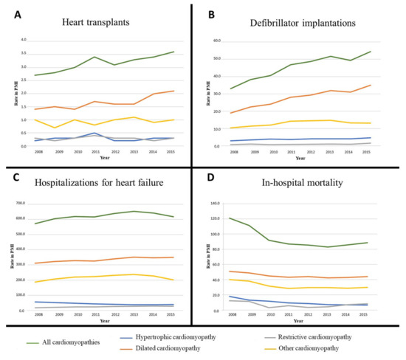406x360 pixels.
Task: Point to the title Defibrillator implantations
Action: [302, 23]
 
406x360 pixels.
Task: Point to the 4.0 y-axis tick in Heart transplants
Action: [23, 40]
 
